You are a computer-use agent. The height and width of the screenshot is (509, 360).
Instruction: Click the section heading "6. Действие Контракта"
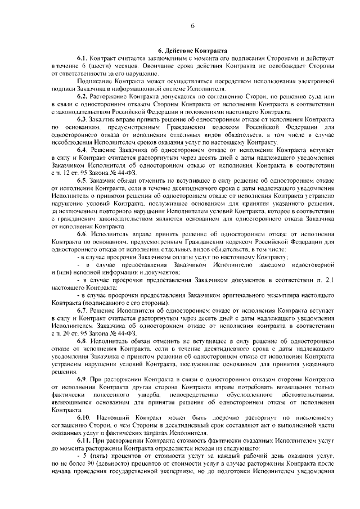[192, 50]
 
